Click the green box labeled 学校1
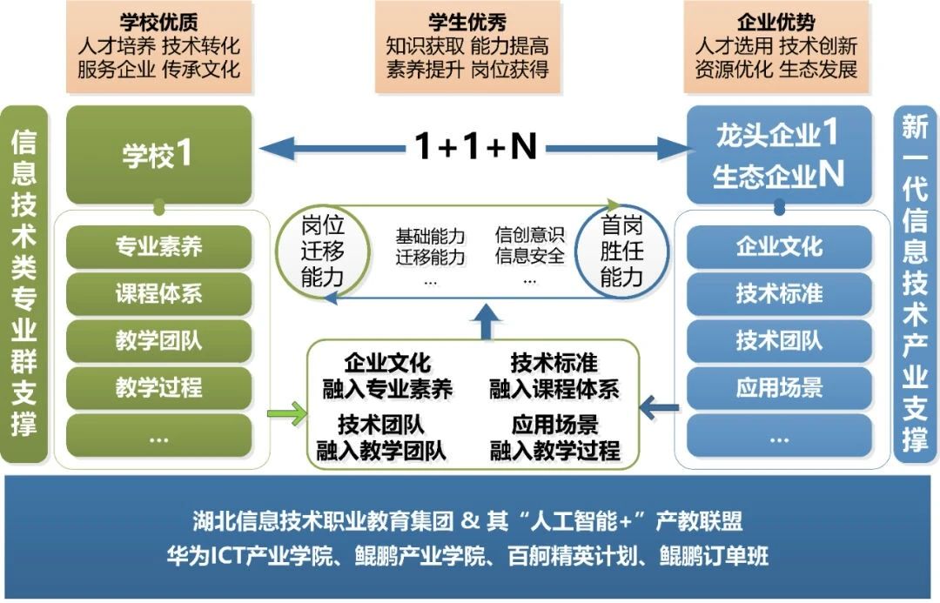(158, 155)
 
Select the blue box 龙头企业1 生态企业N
(779, 155)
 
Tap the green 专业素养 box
(158, 247)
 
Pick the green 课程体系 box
(158, 294)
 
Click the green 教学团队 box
(158, 341)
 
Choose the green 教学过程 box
(158, 388)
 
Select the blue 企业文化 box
(779, 247)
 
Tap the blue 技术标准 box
(779, 294)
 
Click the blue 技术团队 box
(779, 341)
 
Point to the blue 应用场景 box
(779, 388)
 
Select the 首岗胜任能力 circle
(621, 252)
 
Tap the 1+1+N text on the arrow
(474, 148)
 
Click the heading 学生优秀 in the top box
(467, 22)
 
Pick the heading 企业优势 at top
(776, 22)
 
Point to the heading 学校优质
(158, 22)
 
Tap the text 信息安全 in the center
(529, 258)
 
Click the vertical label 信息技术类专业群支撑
(23, 284)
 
